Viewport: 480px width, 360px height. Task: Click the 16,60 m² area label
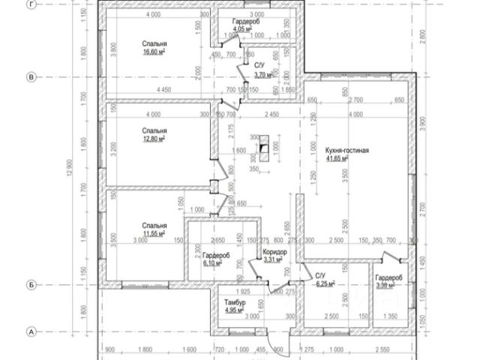click(154, 54)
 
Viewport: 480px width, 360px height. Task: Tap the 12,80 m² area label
click(154, 138)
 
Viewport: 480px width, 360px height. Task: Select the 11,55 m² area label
click(154, 234)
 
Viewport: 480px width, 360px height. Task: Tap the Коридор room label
click(274, 252)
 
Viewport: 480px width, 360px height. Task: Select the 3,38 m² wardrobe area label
click(389, 285)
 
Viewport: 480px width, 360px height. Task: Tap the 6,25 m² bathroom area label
click(325, 284)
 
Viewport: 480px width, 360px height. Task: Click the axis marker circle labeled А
click(31, 331)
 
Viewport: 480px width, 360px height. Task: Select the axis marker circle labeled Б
click(31, 285)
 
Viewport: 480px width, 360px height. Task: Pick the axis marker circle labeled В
click(31, 76)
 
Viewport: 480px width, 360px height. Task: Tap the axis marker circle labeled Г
click(31, 4)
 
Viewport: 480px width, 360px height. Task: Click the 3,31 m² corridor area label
click(274, 260)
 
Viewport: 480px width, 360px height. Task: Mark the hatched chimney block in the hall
click(262, 147)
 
